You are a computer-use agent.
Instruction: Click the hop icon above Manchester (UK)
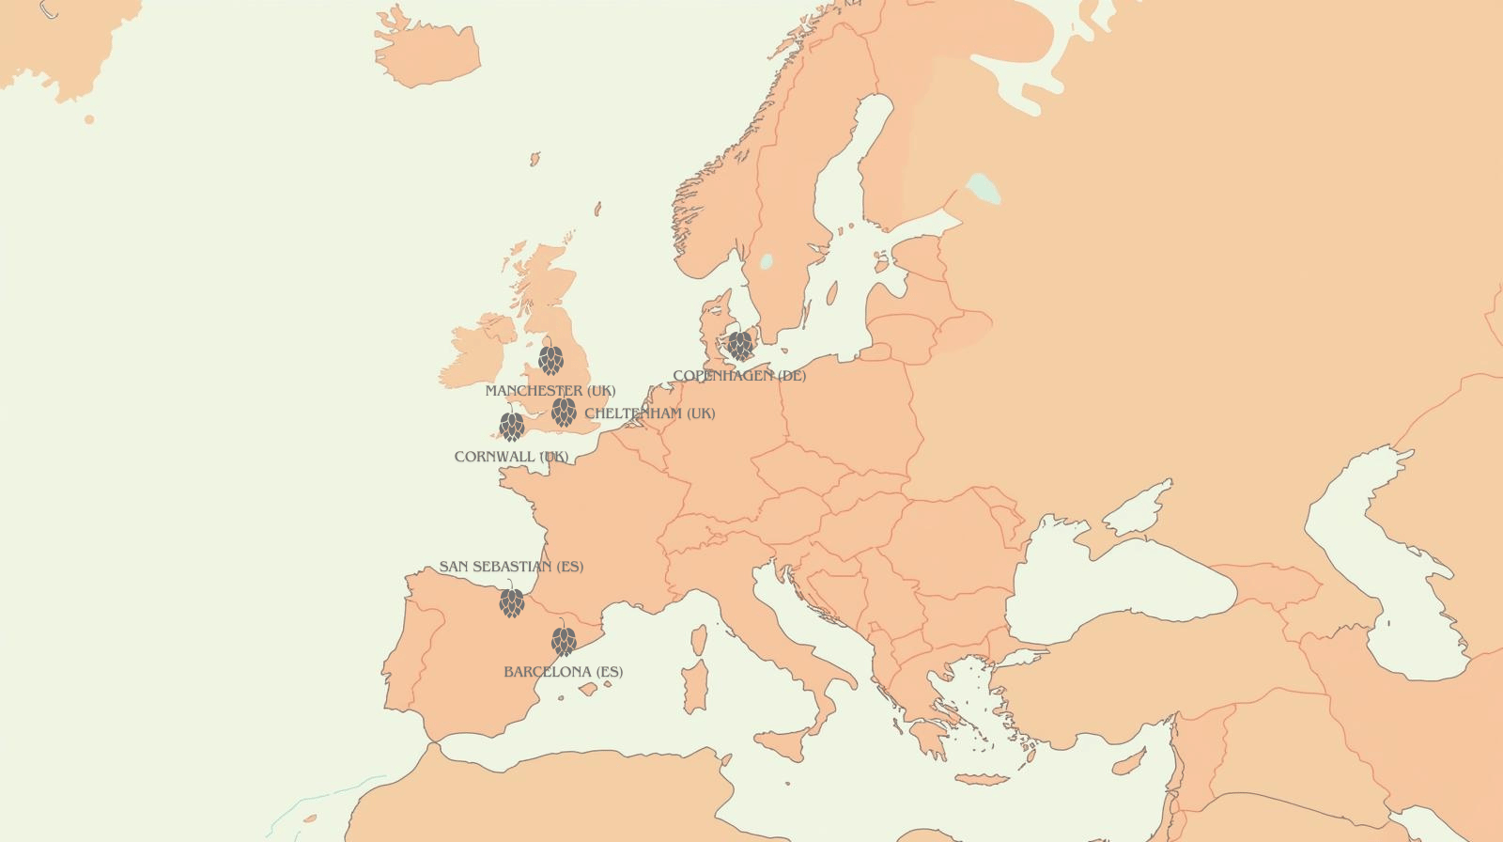pyautogui.click(x=550, y=360)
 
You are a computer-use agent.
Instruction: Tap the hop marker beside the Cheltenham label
pyautogui.click(x=564, y=412)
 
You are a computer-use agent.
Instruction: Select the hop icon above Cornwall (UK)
pyautogui.click(x=512, y=427)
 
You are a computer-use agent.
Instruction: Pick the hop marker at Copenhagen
pyautogui.click(x=740, y=345)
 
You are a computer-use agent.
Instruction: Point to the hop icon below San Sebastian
pyautogui.click(x=512, y=602)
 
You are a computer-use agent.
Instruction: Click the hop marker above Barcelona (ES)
pyautogui.click(x=564, y=641)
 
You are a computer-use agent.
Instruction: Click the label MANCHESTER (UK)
pyautogui.click(x=550, y=391)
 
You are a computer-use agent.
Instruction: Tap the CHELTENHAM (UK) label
pyautogui.click(x=649, y=413)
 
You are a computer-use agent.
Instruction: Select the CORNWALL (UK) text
pyautogui.click(x=511, y=457)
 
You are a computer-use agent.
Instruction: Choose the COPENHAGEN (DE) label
pyautogui.click(x=739, y=376)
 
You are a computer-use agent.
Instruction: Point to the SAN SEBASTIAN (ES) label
pyautogui.click(x=511, y=567)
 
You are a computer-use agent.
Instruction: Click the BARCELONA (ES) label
pyautogui.click(x=563, y=672)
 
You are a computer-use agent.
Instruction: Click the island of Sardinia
pyautogui.click(x=695, y=686)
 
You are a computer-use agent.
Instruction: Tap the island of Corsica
pyautogui.click(x=699, y=640)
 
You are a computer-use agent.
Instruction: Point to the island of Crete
pyautogui.click(x=981, y=779)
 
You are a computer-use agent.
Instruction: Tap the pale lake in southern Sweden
pyautogui.click(x=767, y=261)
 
